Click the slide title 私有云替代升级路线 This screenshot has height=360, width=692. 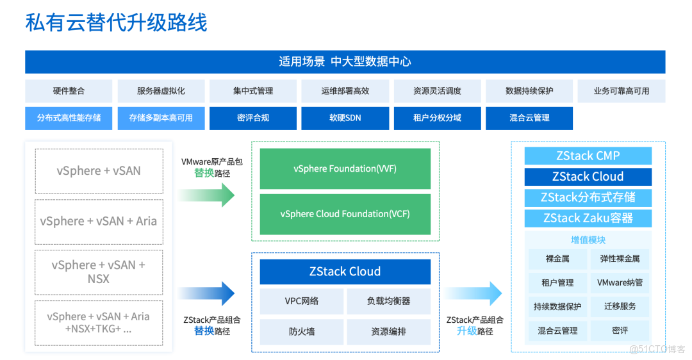(x=117, y=24)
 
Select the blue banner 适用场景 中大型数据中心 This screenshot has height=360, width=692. (x=345, y=62)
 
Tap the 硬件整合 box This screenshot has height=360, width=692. (x=69, y=91)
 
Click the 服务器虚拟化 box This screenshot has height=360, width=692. (x=161, y=91)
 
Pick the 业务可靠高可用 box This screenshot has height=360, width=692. (x=621, y=91)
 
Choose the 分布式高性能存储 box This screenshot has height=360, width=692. (x=69, y=118)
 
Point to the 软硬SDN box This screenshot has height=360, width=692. (x=345, y=118)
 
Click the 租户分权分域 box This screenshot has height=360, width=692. (x=437, y=118)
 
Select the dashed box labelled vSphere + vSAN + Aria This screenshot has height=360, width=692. (x=99, y=221)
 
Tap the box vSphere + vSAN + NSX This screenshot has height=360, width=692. (x=99, y=272)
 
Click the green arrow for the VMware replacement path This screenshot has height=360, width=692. (x=206, y=195)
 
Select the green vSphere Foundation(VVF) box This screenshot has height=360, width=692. (x=345, y=168)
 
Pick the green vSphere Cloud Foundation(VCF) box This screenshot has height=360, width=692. (x=345, y=214)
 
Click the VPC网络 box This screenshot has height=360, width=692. (x=301, y=301)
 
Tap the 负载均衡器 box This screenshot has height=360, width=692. (x=388, y=301)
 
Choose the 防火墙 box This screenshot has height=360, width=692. (x=301, y=332)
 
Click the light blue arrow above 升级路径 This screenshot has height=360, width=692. (x=473, y=293)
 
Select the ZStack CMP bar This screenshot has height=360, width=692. (x=588, y=156)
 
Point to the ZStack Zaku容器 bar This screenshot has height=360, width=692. (x=588, y=218)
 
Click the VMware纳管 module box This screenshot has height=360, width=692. (x=620, y=282)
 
